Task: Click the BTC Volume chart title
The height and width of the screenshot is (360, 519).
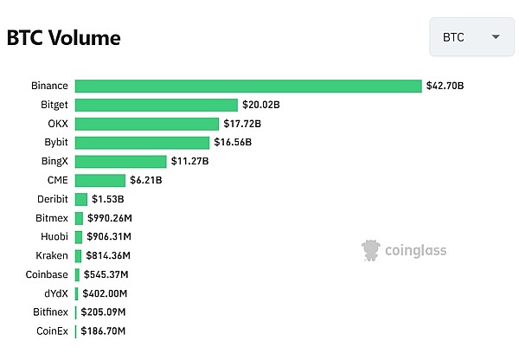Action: tap(64, 38)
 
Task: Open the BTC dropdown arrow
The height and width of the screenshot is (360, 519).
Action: tap(496, 37)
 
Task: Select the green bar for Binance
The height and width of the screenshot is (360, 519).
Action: tap(248, 86)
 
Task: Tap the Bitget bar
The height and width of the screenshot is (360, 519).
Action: tap(156, 105)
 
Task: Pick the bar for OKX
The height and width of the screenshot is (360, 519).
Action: tap(146, 124)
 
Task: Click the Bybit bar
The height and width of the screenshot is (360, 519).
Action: tap(142, 142)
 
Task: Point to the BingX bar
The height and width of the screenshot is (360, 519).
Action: tap(120, 161)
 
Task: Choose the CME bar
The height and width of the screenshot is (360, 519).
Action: tap(99, 180)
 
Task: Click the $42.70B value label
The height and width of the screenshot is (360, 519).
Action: tap(445, 86)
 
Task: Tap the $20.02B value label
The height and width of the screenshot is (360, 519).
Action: tap(260, 105)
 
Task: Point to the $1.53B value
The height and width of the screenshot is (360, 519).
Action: tap(107, 199)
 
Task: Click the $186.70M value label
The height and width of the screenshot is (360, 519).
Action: tap(103, 331)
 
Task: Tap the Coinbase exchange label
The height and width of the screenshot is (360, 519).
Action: tap(47, 274)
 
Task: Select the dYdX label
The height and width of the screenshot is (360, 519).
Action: tap(56, 293)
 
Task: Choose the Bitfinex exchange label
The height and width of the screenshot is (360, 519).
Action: tap(51, 312)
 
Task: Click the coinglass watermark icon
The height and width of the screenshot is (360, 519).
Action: tap(372, 251)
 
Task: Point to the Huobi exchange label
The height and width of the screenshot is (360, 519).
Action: tap(55, 236)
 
